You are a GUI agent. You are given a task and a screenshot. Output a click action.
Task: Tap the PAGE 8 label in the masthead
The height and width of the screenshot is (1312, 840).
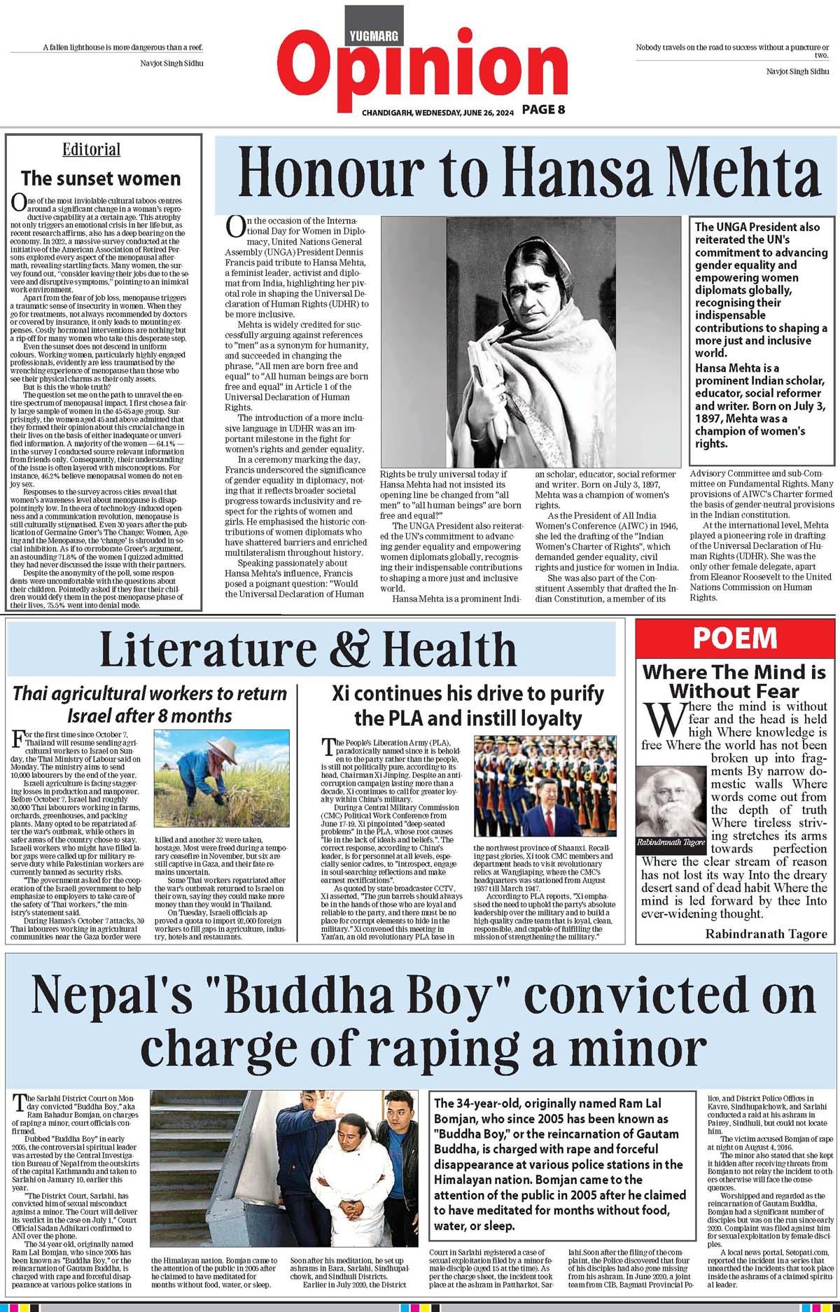click(x=542, y=109)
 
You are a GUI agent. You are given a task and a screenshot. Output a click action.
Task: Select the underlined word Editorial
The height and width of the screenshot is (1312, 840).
click(x=91, y=149)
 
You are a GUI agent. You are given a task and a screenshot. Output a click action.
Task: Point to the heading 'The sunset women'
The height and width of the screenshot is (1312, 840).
click(x=101, y=178)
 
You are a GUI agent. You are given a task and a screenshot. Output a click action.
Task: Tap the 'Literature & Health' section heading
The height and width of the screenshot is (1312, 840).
click(x=307, y=649)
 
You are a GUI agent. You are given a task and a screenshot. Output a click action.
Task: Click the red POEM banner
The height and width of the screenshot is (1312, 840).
click(x=734, y=638)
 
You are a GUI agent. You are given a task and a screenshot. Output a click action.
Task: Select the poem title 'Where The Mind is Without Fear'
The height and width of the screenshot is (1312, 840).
click(x=734, y=681)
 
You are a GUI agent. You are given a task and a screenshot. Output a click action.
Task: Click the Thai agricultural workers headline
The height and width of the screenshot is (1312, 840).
click(x=150, y=704)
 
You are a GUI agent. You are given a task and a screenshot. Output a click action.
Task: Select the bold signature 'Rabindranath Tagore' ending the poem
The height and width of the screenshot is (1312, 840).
click(x=766, y=934)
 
